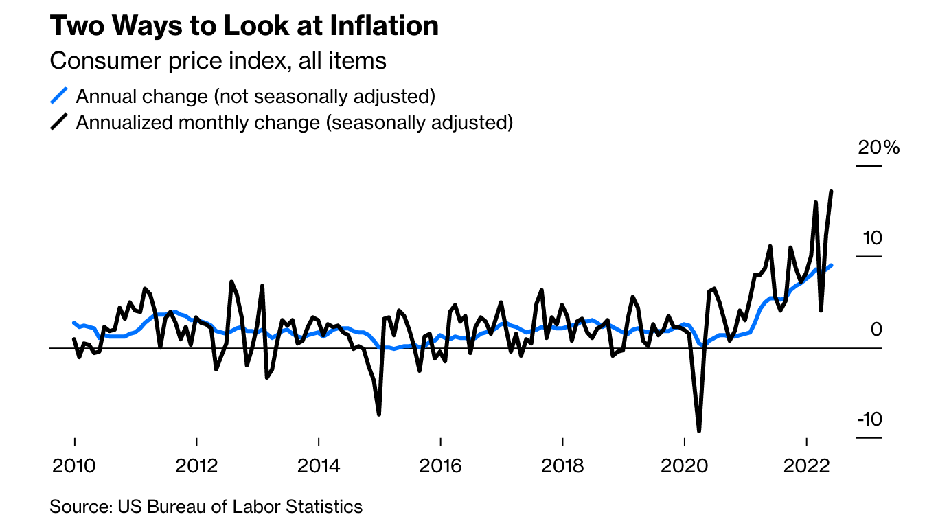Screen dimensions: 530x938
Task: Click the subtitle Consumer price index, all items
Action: (218, 60)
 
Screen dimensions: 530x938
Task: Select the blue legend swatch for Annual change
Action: (60, 95)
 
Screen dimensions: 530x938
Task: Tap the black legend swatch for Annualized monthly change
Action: (60, 122)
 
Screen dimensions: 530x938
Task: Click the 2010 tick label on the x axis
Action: (74, 466)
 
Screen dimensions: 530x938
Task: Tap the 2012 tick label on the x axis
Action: (196, 466)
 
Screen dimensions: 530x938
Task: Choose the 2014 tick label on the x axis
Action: (319, 466)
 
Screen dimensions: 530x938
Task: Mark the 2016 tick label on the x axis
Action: (440, 466)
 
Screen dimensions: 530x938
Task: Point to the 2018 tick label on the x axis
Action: (562, 466)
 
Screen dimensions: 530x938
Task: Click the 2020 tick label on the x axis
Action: (685, 466)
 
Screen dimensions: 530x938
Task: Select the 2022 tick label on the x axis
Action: (806, 466)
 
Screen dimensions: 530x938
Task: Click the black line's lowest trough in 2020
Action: (699, 430)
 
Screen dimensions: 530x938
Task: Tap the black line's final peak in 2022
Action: (832, 192)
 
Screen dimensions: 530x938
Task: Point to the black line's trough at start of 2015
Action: (378, 414)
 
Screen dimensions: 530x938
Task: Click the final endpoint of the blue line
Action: (832, 265)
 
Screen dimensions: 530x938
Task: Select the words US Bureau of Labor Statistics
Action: (240, 507)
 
